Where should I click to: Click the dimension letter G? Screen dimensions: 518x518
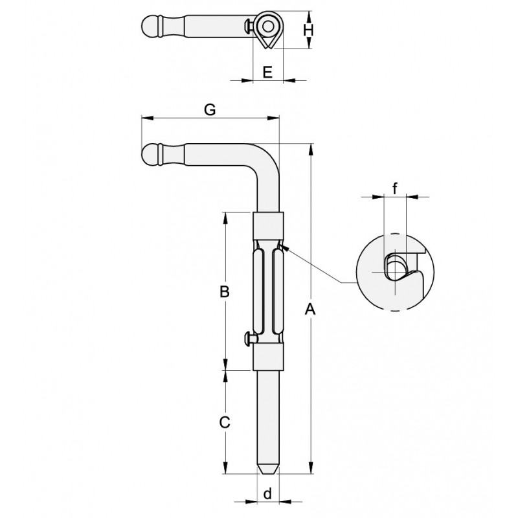pos(209,109)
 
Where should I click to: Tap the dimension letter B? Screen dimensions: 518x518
pos(224,292)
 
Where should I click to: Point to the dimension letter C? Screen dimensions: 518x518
pos(224,423)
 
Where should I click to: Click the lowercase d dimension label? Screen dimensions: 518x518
pos(267,494)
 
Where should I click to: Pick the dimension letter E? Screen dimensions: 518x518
pos(267,72)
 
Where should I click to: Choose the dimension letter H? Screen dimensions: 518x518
pos(309,30)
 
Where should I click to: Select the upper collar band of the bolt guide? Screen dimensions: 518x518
pos(268,225)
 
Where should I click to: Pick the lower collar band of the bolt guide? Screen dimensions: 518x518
pos(268,357)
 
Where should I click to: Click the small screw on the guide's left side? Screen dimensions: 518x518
pos(249,337)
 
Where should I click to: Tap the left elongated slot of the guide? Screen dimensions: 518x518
pos(261,291)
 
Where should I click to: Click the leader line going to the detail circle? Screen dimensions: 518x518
pos(317,265)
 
